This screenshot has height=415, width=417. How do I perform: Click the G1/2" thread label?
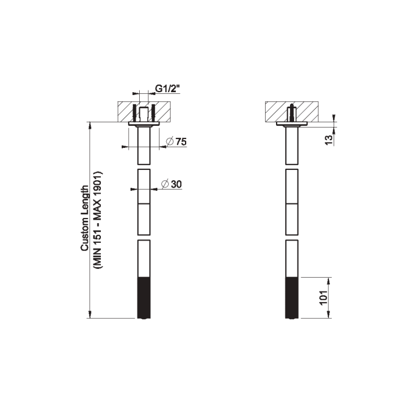(168, 88)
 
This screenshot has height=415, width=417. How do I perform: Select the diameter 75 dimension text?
(176, 141)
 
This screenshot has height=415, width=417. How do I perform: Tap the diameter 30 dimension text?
(172, 184)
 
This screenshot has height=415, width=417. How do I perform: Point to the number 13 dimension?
(329, 140)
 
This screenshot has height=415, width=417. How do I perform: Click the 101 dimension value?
(324, 298)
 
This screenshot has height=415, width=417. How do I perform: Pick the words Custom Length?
(85, 218)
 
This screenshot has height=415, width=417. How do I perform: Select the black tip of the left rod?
(144, 297)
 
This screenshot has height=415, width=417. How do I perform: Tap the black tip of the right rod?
(292, 297)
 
